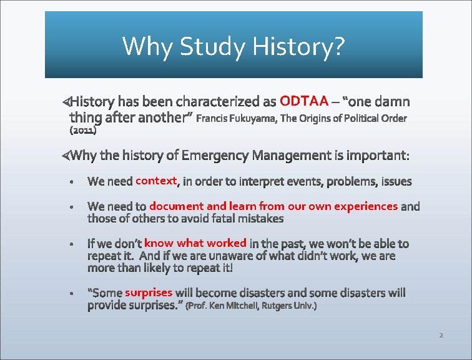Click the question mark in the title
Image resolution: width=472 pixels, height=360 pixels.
tap(338, 46)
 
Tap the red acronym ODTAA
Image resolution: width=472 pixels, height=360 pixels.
tap(304, 101)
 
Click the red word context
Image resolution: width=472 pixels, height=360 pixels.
tap(157, 181)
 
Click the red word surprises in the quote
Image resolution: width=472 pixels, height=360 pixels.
tap(148, 292)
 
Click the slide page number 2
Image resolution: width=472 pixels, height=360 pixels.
tap(441, 336)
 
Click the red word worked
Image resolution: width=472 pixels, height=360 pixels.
tap(227, 242)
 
